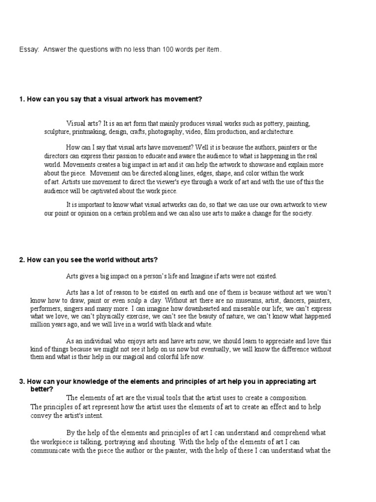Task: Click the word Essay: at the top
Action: pyautogui.click(x=28, y=50)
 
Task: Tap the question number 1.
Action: pyautogui.click(x=22, y=99)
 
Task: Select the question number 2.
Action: pyautogui.click(x=22, y=259)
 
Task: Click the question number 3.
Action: pyautogui.click(x=22, y=381)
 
